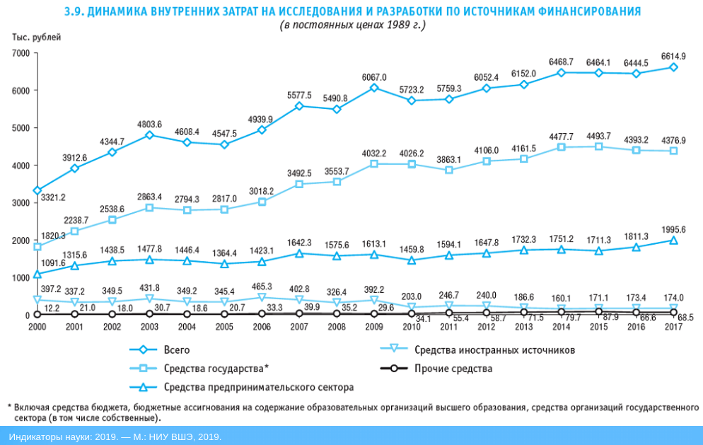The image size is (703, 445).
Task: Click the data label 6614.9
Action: coord(673,56)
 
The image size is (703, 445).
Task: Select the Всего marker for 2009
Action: coord(374,88)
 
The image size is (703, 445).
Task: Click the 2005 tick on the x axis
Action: coord(224,328)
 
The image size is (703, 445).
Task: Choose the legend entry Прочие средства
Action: coord(453,369)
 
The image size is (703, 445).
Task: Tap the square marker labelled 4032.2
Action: coord(374,164)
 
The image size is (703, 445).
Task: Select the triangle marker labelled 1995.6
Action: coord(673,241)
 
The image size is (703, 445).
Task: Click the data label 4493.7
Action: coord(598,136)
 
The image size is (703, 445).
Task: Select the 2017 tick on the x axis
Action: coord(673,328)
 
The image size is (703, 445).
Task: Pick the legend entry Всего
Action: coord(176,349)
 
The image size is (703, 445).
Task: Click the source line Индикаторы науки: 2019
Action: coord(115,437)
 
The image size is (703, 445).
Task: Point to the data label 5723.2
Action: coord(411,90)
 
